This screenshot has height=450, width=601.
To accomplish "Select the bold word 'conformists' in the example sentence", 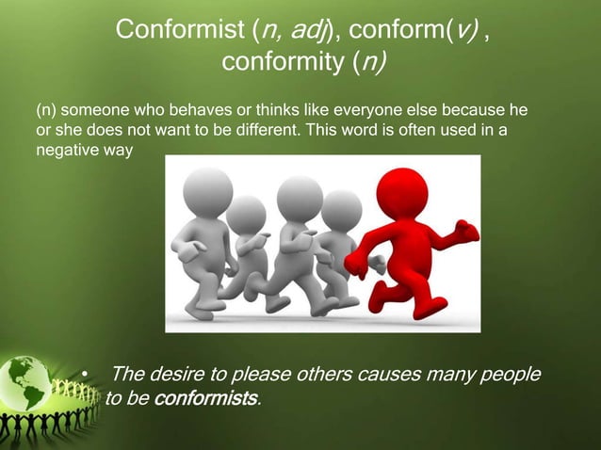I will point(204,398).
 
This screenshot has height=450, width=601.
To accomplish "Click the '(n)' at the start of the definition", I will point(47,111).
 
